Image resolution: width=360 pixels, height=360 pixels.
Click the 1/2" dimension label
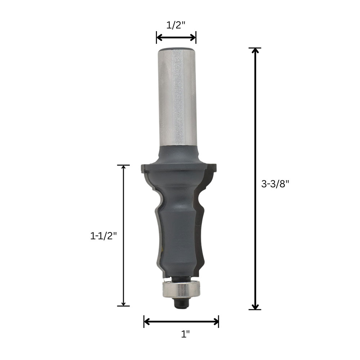(176, 25)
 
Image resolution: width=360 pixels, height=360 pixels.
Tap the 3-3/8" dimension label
(275, 184)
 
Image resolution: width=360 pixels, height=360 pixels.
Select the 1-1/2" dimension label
(104, 236)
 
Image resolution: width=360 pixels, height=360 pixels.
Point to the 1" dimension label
(185, 334)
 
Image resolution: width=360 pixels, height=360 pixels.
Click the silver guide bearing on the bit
(181, 290)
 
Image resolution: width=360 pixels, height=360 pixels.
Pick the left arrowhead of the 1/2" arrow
(159, 37)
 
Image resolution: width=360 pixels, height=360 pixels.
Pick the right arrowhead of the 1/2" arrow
(193, 37)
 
